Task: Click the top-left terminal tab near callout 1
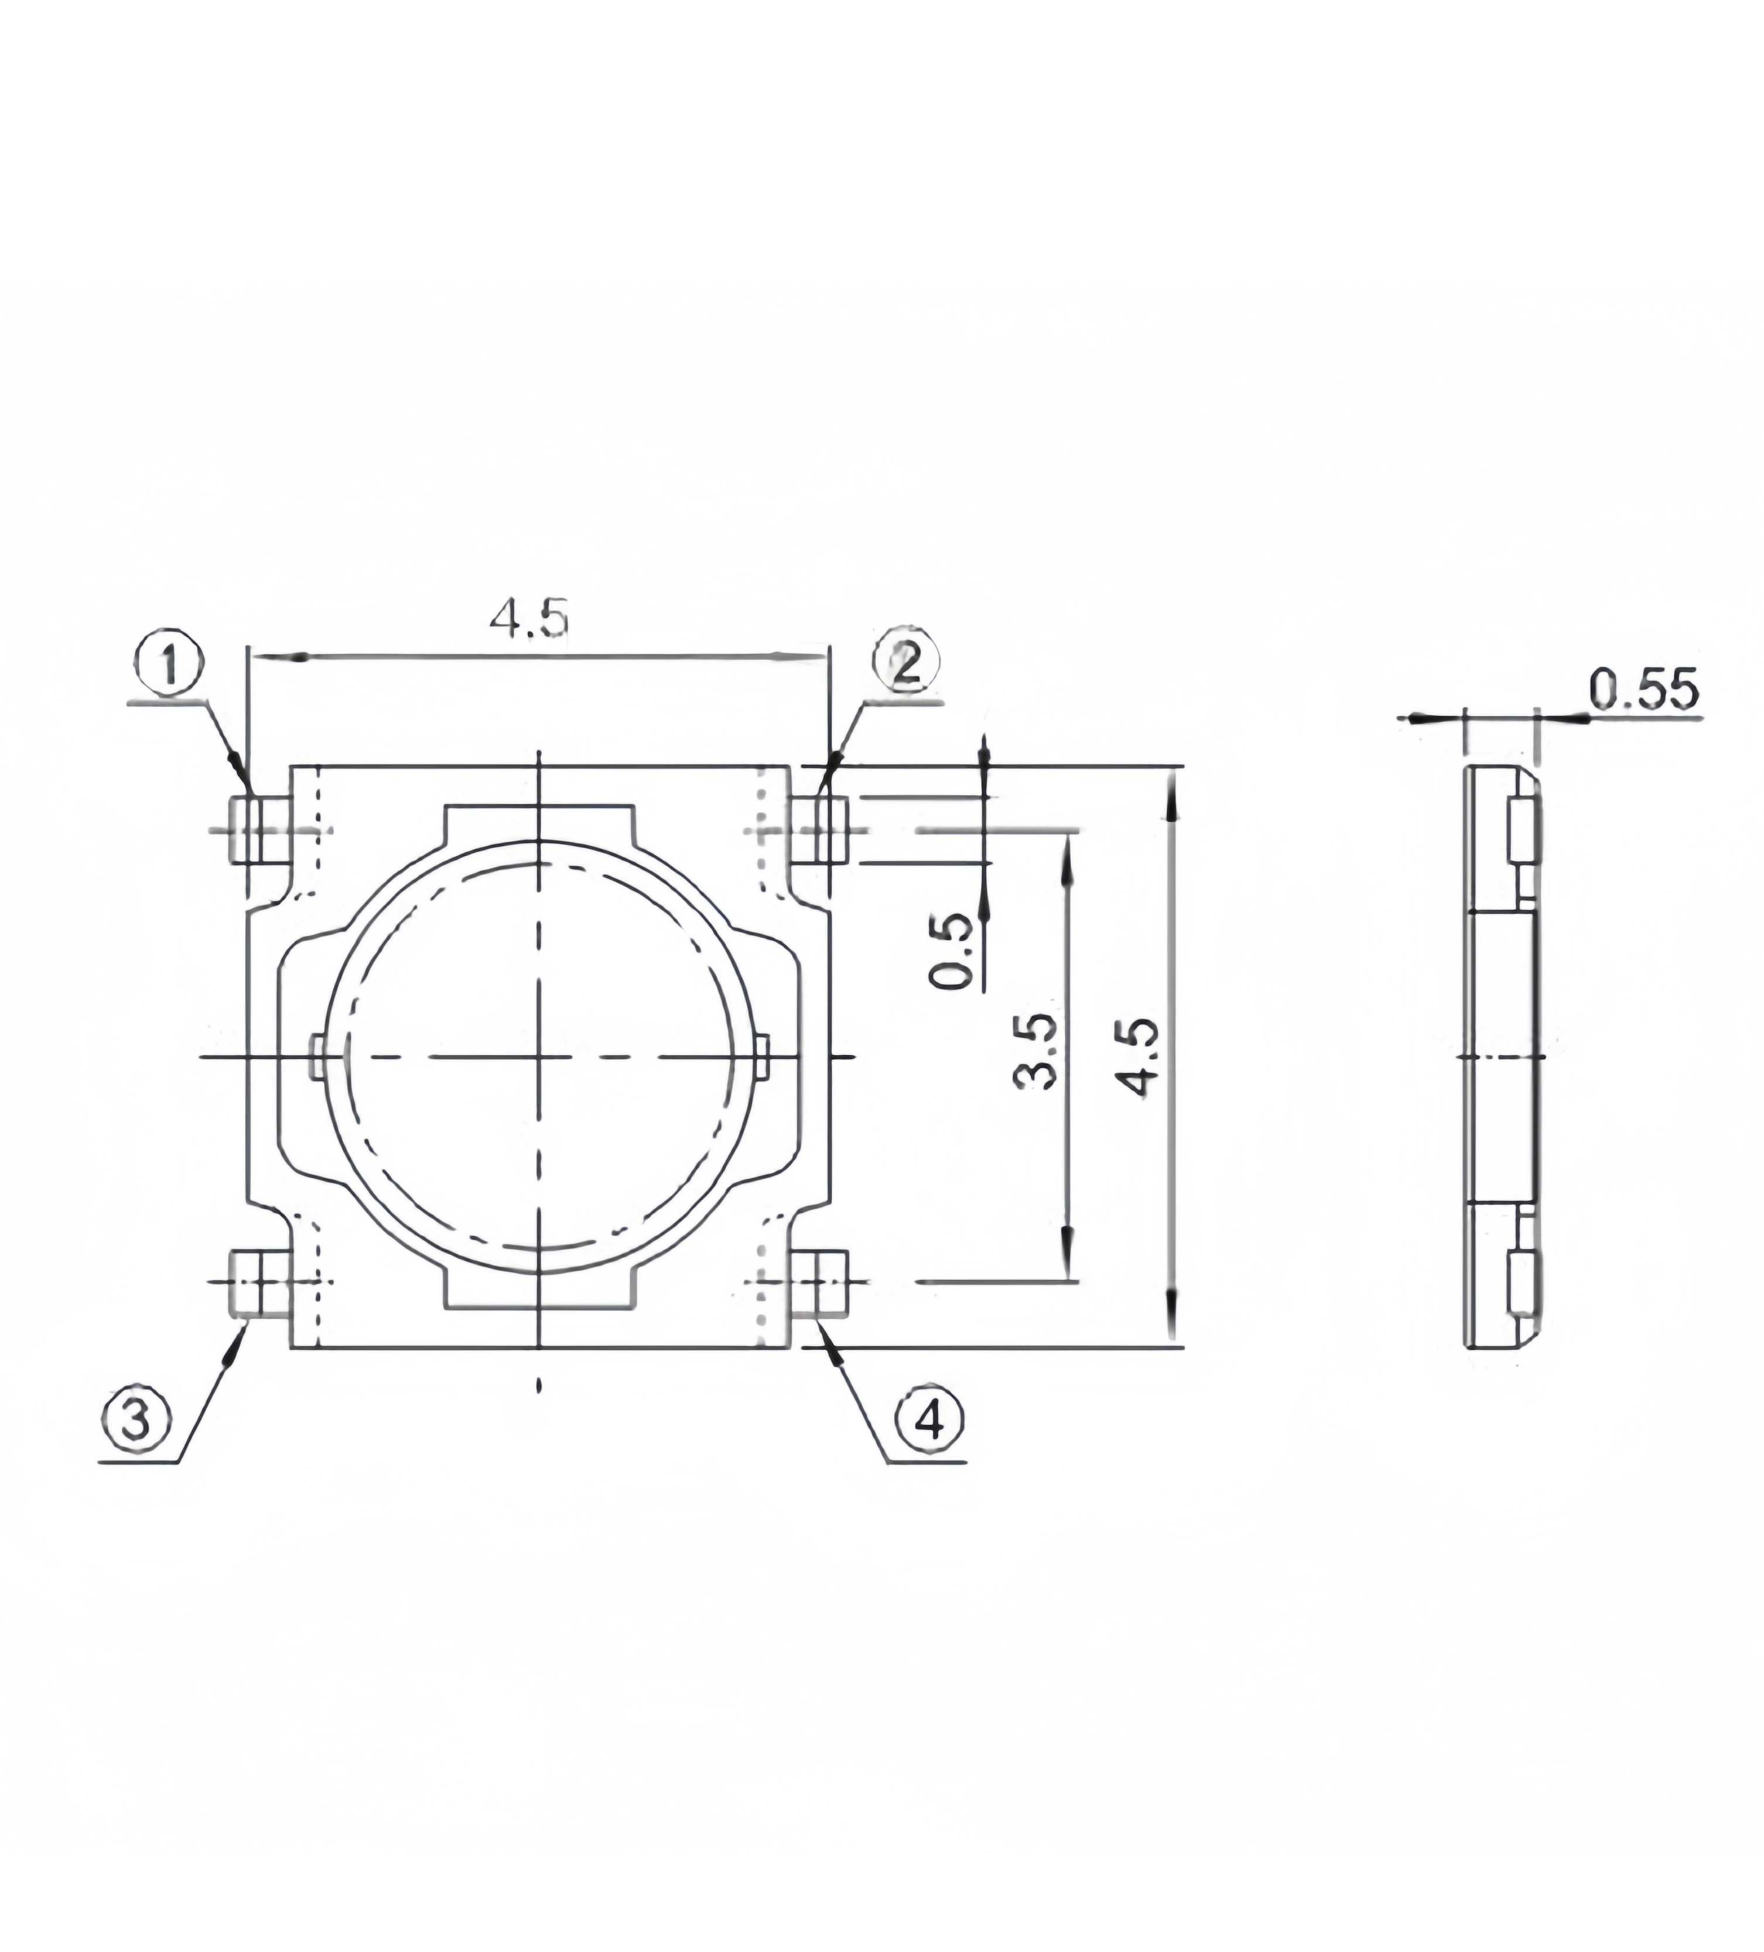[259, 830]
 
